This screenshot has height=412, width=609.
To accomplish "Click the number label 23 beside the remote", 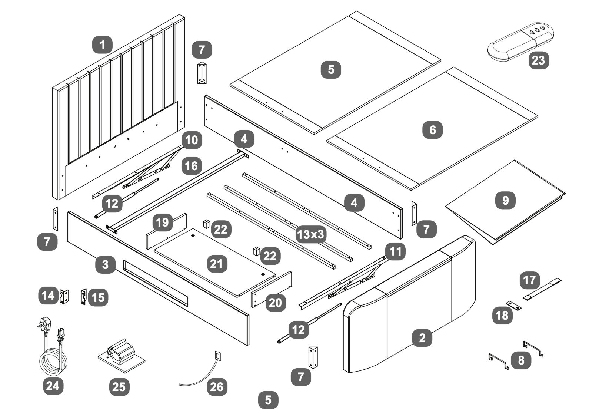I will point(538,60).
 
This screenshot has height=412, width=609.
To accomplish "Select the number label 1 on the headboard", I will point(102,45).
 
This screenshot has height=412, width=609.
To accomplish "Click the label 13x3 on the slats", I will point(311,234).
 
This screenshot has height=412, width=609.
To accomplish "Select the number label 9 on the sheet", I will point(505,200).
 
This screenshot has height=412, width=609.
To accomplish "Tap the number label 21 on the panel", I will point(217,264).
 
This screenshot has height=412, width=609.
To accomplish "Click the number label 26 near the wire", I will point(217,387).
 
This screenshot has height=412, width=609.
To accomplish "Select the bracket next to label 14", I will point(65,296).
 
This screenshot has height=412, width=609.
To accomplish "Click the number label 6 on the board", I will point(432,130).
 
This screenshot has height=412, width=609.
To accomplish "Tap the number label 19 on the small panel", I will point(163,223).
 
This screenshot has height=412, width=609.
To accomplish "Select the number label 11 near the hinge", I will point(395,252).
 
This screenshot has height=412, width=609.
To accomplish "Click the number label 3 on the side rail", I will point(106,264).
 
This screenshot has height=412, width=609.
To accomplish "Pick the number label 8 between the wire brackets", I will point(521,360).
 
